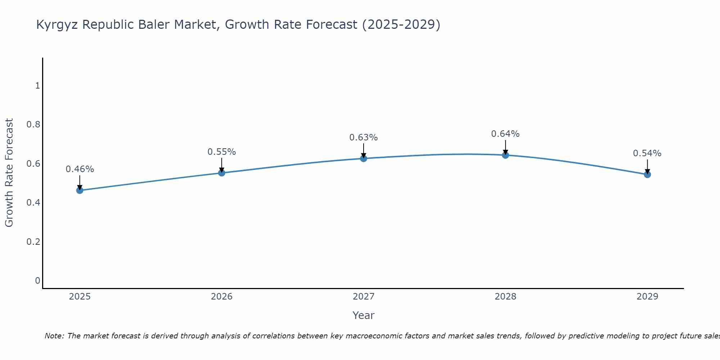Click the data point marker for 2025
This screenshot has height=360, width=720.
pyautogui.click(x=80, y=190)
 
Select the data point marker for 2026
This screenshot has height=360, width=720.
pyautogui.click(x=222, y=173)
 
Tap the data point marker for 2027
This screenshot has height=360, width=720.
pyautogui.click(x=364, y=158)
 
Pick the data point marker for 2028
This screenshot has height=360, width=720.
pyautogui.click(x=505, y=155)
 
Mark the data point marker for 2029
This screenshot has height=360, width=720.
pyautogui.click(x=647, y=175)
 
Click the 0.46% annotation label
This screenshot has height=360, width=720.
pyautogui.click(x=80, y=169)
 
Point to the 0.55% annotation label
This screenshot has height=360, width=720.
pyautogui.click(x=222, y=152)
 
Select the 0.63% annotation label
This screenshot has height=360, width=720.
pyautogui.click(x=364, y=138)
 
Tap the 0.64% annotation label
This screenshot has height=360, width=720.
pyautogui.click(x=505, y=134)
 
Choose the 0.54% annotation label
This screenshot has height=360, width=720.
pyautogui.click(x=647, y=153)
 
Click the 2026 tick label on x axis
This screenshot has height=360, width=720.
pyautogui.click(x=222, y=297)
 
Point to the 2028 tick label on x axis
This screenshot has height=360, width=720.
pyautogui.click(x=505, y=297)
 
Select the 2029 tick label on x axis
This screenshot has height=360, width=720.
pyautogui.click(x=647, y=297)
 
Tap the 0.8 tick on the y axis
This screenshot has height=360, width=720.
pyautogui.click(x=33, y=125)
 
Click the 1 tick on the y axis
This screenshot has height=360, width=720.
pyautogui.click(x=37, y=86)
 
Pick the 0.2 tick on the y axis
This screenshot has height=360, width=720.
pyautogui.click(x=33, y=242)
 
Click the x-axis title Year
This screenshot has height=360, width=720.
pyautogui.click(x=364, y=315)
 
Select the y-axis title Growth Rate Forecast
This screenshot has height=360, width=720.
pyautogui.click(x=9, y=173)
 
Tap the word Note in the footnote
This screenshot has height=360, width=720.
pyautogui.click(x=54, y=336)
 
